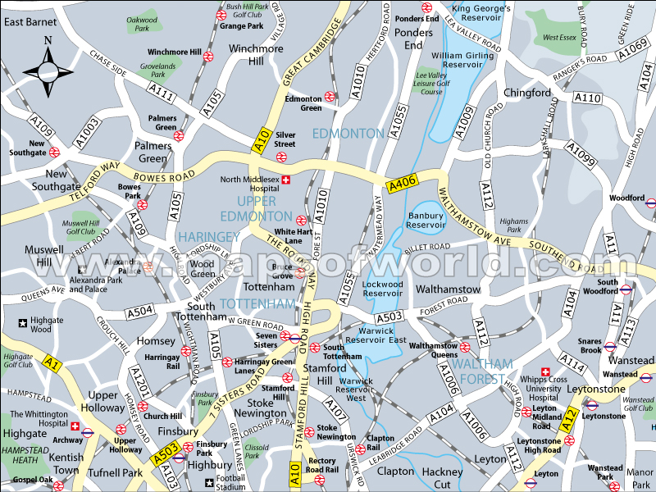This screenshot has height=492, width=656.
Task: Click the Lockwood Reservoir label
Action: pos(383,289)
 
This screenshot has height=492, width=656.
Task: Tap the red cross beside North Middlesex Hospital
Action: pos(286,180)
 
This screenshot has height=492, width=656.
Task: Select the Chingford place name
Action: pos(527,93)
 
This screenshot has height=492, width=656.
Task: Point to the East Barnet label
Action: pos(30,22)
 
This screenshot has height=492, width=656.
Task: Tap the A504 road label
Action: pos(139,312)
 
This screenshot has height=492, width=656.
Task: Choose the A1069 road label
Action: pos(633,49)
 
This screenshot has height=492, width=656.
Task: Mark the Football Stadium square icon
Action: pos(210,482)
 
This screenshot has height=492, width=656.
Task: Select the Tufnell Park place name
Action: pos(115,473)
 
